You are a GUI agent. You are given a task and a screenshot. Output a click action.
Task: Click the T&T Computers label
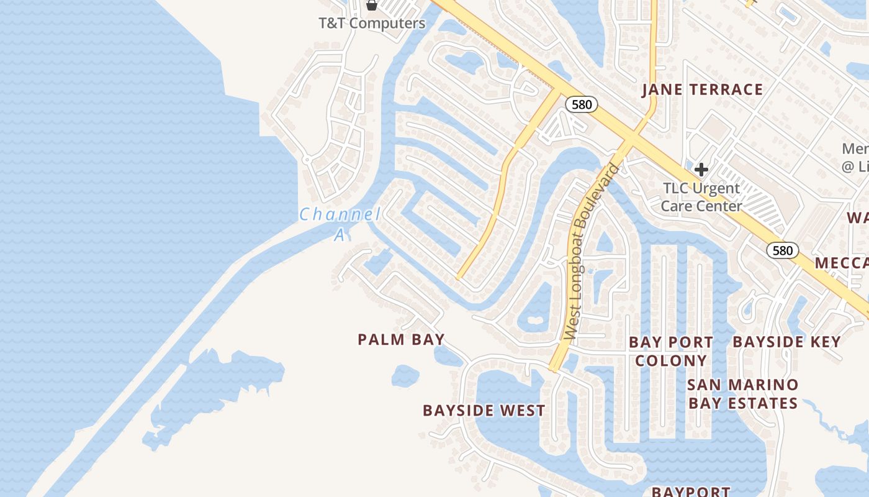click(x=372, y=24)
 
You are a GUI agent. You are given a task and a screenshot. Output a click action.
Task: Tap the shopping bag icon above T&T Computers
click(x=372, y=6)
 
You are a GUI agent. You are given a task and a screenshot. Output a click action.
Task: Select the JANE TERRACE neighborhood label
click(x=702, y=89)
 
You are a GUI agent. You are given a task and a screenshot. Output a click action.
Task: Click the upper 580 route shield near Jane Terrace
click(x=582, y=104)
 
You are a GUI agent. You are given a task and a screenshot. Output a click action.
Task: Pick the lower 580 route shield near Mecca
click(x=783, y=250)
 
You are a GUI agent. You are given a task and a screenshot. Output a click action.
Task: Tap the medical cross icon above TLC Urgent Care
click(x=701, y=170)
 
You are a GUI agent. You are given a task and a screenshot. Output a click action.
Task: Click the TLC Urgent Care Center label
click(x=701, y=196)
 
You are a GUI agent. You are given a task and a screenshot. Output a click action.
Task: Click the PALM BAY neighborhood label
click(x=401, y=339)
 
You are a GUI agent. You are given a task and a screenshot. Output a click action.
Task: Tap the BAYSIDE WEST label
click(x=484, y=411)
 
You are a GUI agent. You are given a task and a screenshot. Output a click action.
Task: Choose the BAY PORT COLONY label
click(x=671, y=351)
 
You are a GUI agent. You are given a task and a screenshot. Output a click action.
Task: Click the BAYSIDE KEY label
click(x=786, y=342)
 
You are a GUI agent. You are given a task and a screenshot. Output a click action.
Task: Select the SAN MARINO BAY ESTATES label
click(x=743, y=394)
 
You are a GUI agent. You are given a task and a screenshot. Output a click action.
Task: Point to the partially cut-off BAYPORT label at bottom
click(x=690, y=491)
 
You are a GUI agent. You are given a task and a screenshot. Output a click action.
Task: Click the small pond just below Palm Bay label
click(x=405, y=376)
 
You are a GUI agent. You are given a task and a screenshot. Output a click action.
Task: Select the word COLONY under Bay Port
click(x=671, y=360)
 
